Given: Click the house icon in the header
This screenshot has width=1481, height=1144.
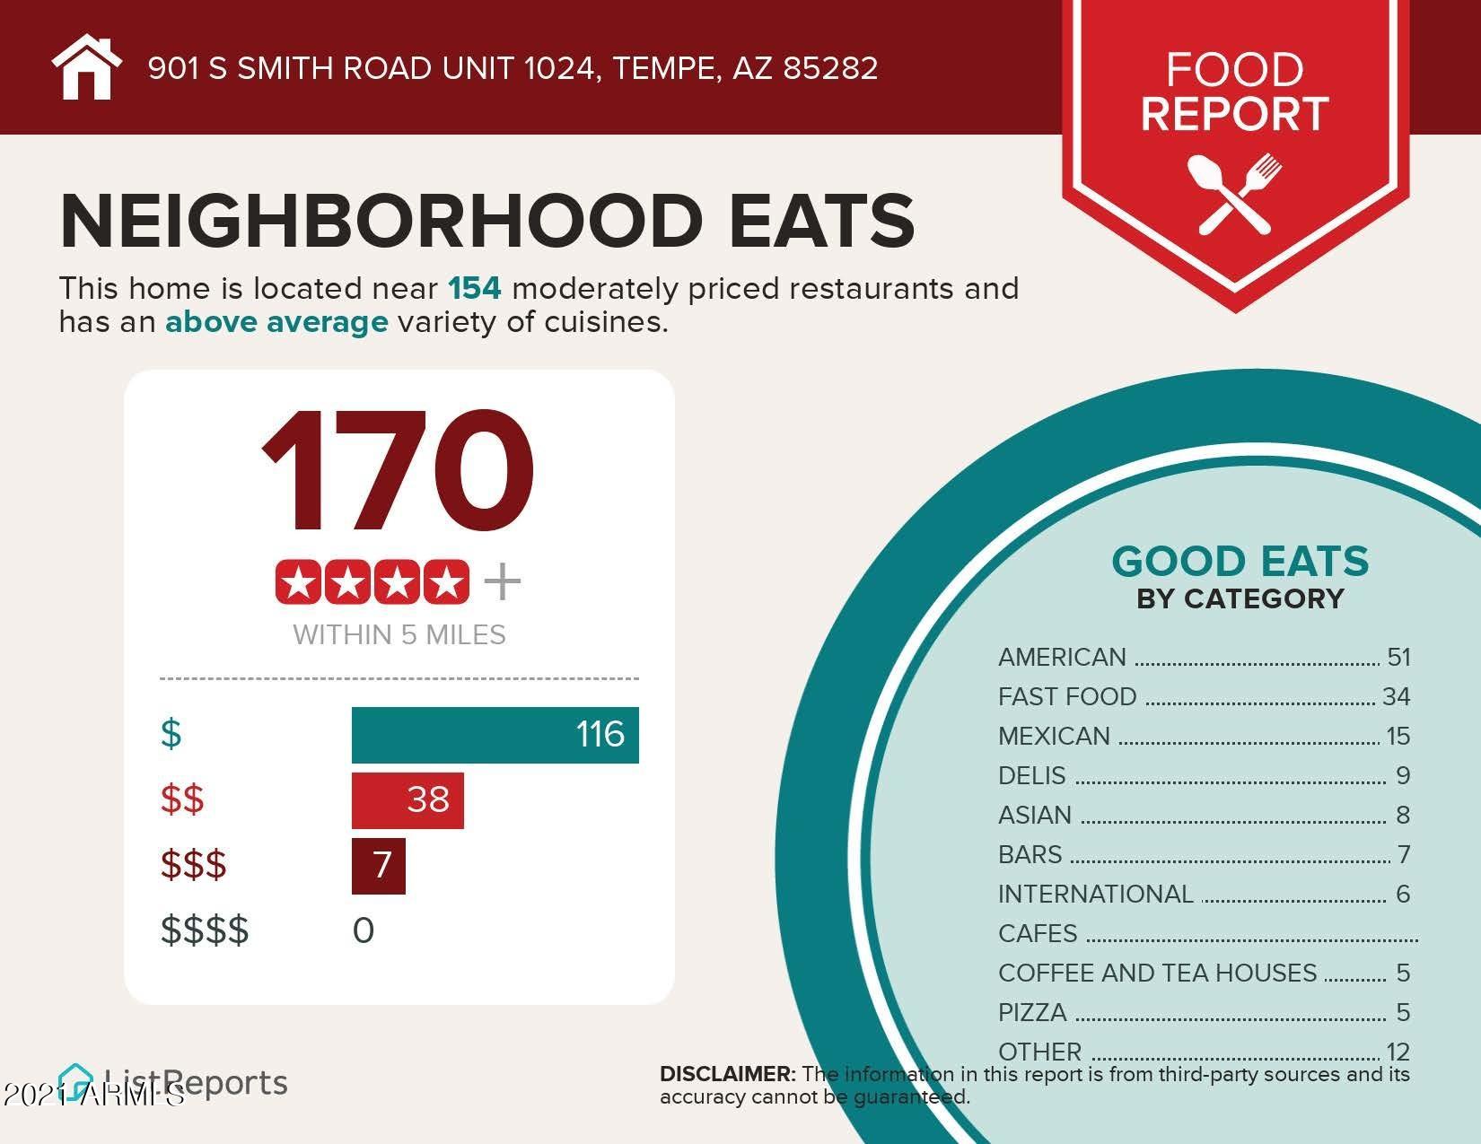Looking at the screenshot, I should point(86,67).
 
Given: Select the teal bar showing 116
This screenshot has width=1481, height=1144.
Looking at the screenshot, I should point(495,735).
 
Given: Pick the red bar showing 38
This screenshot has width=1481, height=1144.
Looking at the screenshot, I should point(407,799).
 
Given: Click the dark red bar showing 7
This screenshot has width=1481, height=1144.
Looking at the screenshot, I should point(379,866).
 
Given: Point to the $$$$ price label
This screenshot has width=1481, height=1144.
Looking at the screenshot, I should point(205,930).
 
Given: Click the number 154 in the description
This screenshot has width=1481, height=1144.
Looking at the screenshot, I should point(475,289).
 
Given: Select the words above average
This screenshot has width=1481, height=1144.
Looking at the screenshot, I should point(276,322).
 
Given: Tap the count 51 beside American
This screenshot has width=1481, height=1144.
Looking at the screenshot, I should point(1398,658).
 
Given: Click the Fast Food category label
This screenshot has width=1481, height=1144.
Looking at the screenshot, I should point(1067,697).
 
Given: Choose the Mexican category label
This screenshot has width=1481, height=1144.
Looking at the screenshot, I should point(1054,737).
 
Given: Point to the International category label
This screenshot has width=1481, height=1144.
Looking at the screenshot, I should point(1095,895).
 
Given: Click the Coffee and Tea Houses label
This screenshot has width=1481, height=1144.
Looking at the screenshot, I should point(1157,974).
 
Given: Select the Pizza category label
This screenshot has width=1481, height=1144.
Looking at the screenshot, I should point(1032,1013).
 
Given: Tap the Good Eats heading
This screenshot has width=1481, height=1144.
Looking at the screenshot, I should point(1240,563).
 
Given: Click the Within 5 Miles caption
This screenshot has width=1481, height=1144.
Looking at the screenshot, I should point(399,635).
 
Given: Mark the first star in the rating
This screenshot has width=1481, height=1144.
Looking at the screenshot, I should point(299,583).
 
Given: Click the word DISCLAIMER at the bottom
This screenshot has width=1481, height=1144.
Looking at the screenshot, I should point(727,1074).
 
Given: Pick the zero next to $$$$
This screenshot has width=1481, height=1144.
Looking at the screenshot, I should point(364,930).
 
